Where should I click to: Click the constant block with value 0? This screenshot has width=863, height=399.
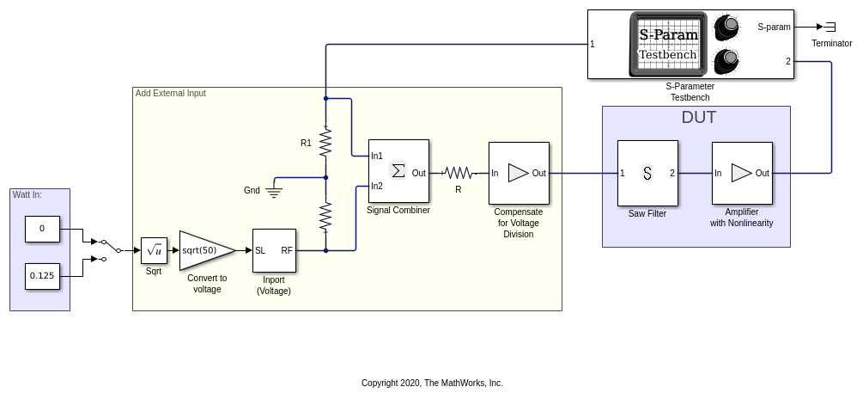point(42,229)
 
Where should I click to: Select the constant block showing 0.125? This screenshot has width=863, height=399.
point(42,276)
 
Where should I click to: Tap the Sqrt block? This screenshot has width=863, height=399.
point(154,250)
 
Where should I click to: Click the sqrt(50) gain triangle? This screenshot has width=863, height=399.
point(204,250)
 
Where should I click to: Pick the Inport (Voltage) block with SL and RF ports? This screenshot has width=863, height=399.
point(274,250)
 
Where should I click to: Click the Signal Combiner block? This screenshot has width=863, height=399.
point(398,171)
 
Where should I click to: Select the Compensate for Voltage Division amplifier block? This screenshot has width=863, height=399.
point(519,173)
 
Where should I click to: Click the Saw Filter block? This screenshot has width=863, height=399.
point(647,173)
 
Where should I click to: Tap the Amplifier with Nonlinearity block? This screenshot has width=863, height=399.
point(742,173)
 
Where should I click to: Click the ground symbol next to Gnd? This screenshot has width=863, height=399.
point(275,191)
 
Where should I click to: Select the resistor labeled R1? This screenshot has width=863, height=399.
point(325,143)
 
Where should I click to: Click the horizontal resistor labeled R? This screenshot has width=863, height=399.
point(458,173)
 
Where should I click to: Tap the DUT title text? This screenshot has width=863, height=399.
point(698,118)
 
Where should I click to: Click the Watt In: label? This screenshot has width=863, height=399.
point(27,194)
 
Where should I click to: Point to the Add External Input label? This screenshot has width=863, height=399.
point(171,93)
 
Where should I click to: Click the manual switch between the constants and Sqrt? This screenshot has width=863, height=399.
point(105,250)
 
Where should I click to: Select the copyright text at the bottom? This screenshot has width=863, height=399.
point(432,383)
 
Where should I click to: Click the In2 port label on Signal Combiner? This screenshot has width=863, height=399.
point(377,186)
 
